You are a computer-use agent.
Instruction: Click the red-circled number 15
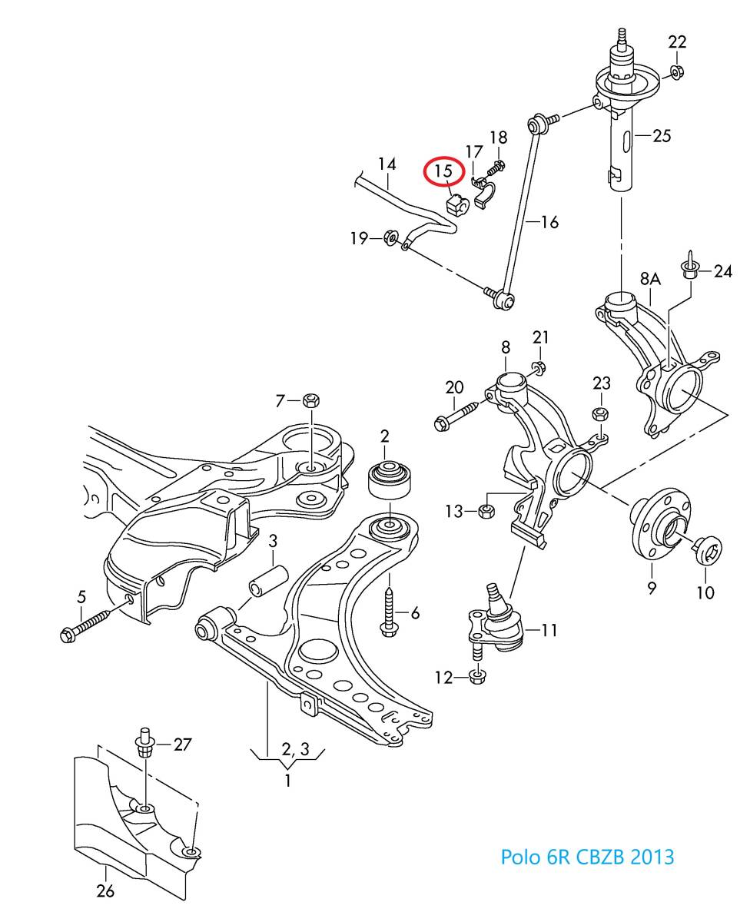click(x=444, y=171)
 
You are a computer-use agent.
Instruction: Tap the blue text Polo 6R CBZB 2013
click(x=587, y=856)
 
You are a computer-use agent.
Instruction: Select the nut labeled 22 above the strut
click(x=676, y=72)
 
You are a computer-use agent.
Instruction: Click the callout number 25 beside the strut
click(x=662, y=136)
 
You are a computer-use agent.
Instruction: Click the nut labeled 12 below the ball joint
click(x=476, y=677)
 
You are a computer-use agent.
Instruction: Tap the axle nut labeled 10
click(x=704, y=552)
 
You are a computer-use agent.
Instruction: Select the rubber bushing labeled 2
click(x=392, y=479)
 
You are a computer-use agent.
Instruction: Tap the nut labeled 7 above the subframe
click(x=311, y=400)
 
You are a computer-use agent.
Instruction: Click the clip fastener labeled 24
click(x=689, y=267)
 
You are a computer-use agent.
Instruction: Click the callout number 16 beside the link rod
click(x=549, y=222)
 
